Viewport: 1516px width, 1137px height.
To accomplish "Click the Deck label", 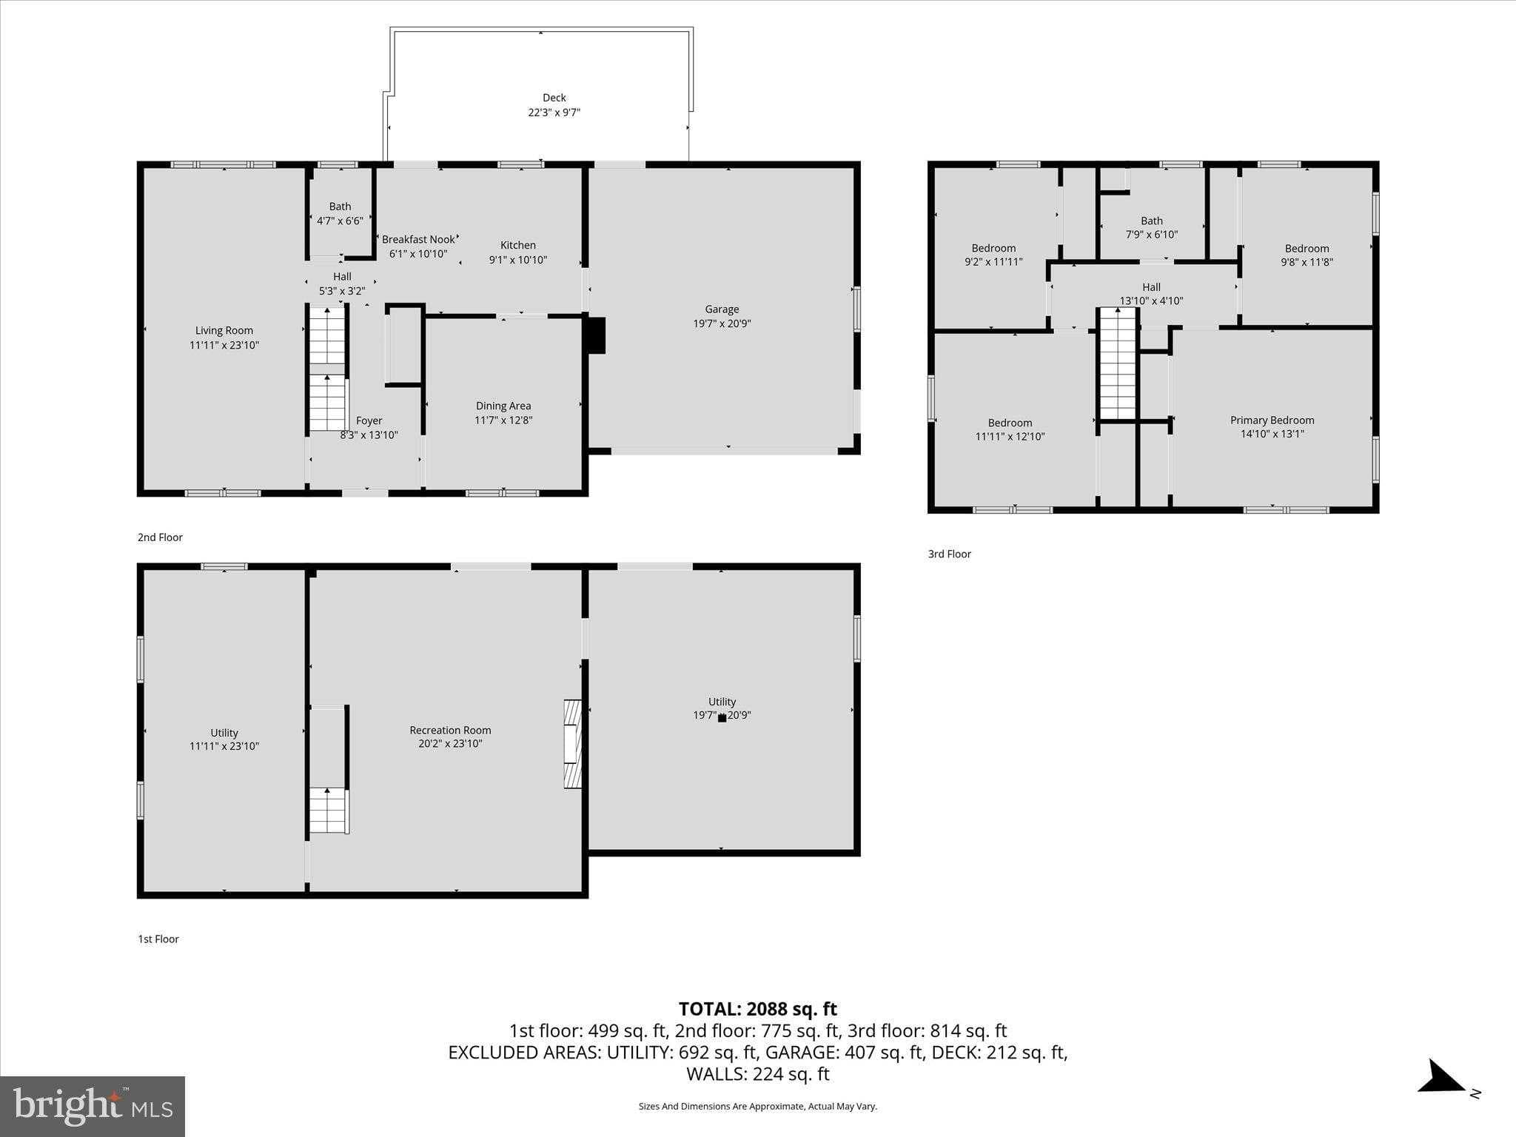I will click(554, 98).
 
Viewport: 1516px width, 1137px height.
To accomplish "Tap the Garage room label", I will click(722, 309).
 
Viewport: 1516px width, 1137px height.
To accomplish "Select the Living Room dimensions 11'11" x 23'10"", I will click(224, 345).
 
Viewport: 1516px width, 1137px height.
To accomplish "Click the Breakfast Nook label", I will click(418, 239).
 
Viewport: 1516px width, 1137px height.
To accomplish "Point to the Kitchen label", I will click(517, 245).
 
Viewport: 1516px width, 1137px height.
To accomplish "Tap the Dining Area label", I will click(503, 406).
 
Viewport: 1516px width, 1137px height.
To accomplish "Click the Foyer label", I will click(369, 420).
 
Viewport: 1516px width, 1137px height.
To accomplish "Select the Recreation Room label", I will click(450, 730).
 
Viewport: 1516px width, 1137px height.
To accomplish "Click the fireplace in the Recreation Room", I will click(572, 743).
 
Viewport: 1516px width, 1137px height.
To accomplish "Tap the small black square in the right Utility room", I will click(722, 718).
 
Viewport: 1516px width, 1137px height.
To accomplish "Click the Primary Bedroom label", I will click(1272, 420).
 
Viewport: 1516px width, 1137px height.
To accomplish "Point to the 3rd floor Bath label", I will click(1151, 221).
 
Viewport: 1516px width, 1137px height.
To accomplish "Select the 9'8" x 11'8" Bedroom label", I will click(1307, 255).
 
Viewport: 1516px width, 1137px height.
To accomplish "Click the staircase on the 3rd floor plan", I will click(1117, 364).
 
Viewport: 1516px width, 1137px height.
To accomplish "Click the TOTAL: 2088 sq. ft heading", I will click(757, 1009).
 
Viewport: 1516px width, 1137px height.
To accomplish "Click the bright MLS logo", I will click(93, 1106).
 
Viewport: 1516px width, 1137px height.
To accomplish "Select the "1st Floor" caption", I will click(158, 939).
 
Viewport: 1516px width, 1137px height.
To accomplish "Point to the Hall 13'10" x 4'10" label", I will click(1151, 294).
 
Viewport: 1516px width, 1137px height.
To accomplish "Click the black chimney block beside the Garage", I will click(597, 335).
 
